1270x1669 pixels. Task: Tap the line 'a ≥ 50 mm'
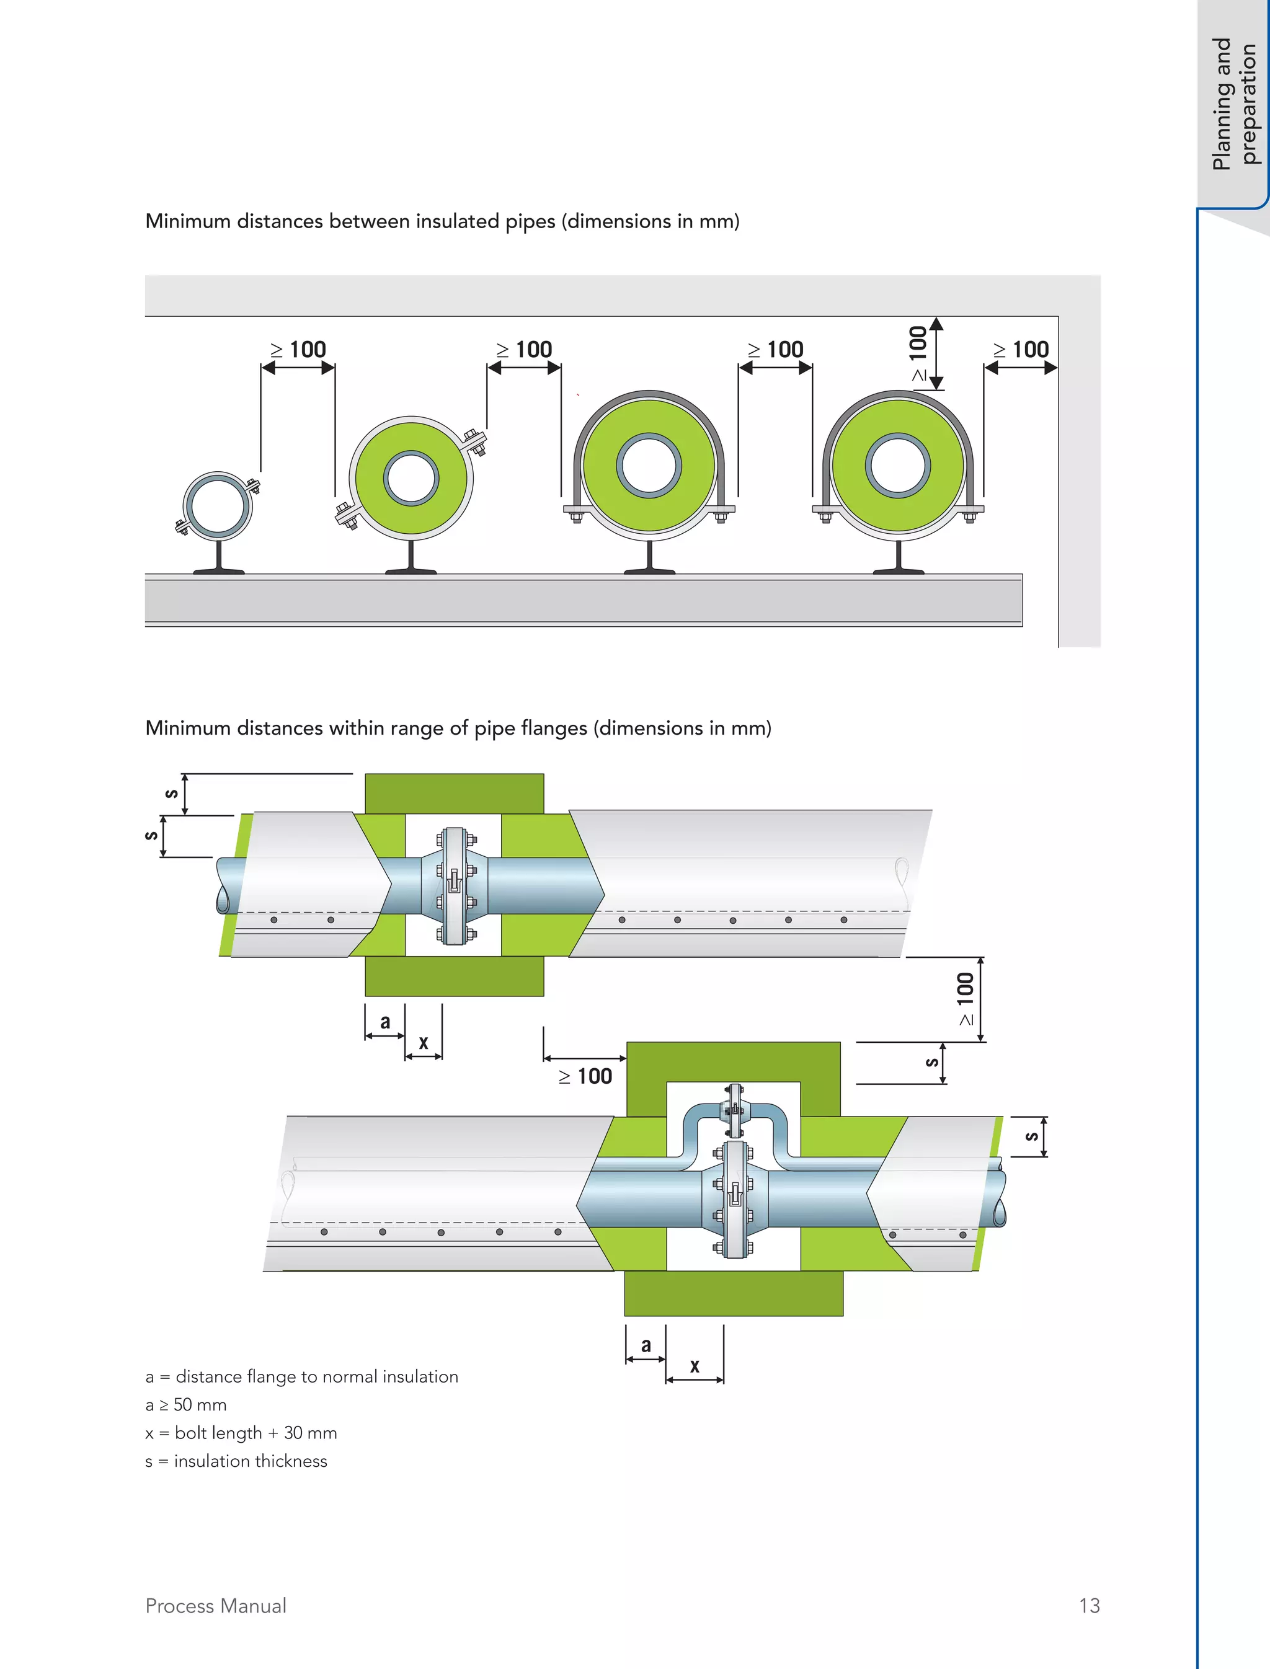pyautogui.click(x=186, y=1404)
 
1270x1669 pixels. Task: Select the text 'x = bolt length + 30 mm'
pyautogui.click(x=241, y=1432)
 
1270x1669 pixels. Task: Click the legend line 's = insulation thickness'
pyautogui.click(x=236, y=1461)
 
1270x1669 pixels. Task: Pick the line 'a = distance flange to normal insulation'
pyautogui.click(x=301, y=1376)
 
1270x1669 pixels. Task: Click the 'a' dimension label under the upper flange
pyautogui.click(x=384, y=1022)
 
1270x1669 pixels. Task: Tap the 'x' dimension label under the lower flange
pyautogui.click(x=694, y=1365)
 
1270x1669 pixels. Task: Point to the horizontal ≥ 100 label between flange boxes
pyautogui.click(x=586, y=1076)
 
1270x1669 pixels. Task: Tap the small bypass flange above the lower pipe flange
pyautogui.click(x=733, y=1110)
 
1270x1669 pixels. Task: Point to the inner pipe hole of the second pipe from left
pyautogui.click(x=411, y=479)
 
